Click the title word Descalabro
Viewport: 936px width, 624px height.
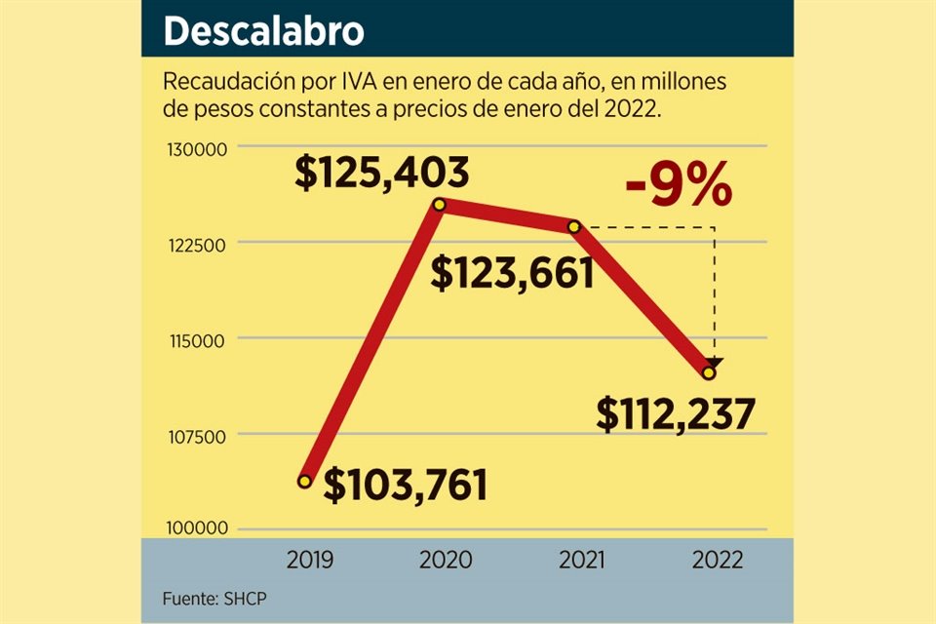pyautogui.click(x=263, y=31)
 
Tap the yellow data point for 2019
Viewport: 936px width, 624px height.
pyautogui.click(x=304, y=481)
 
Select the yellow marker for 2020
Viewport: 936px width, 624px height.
pyautogui.click(x=439, y=205)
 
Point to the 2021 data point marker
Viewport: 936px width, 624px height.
pyautogui.click(x=573, y=226)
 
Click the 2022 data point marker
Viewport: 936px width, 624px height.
pyautogui.click(x=709, y=372)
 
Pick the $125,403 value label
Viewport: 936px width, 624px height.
pyautogui.click(x=382, y=174)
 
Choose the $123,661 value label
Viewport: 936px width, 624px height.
pyautogui.click(x=513, y=274)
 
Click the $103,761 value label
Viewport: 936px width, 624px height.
pyautogui.click(x=406, y=485)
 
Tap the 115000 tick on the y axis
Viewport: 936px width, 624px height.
pyautogui.click(x=194, y=339)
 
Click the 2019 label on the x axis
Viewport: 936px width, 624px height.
pyautogui.click(x=310, y=561)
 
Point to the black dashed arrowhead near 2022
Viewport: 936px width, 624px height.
pyautogui.click(x=716, y=363)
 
